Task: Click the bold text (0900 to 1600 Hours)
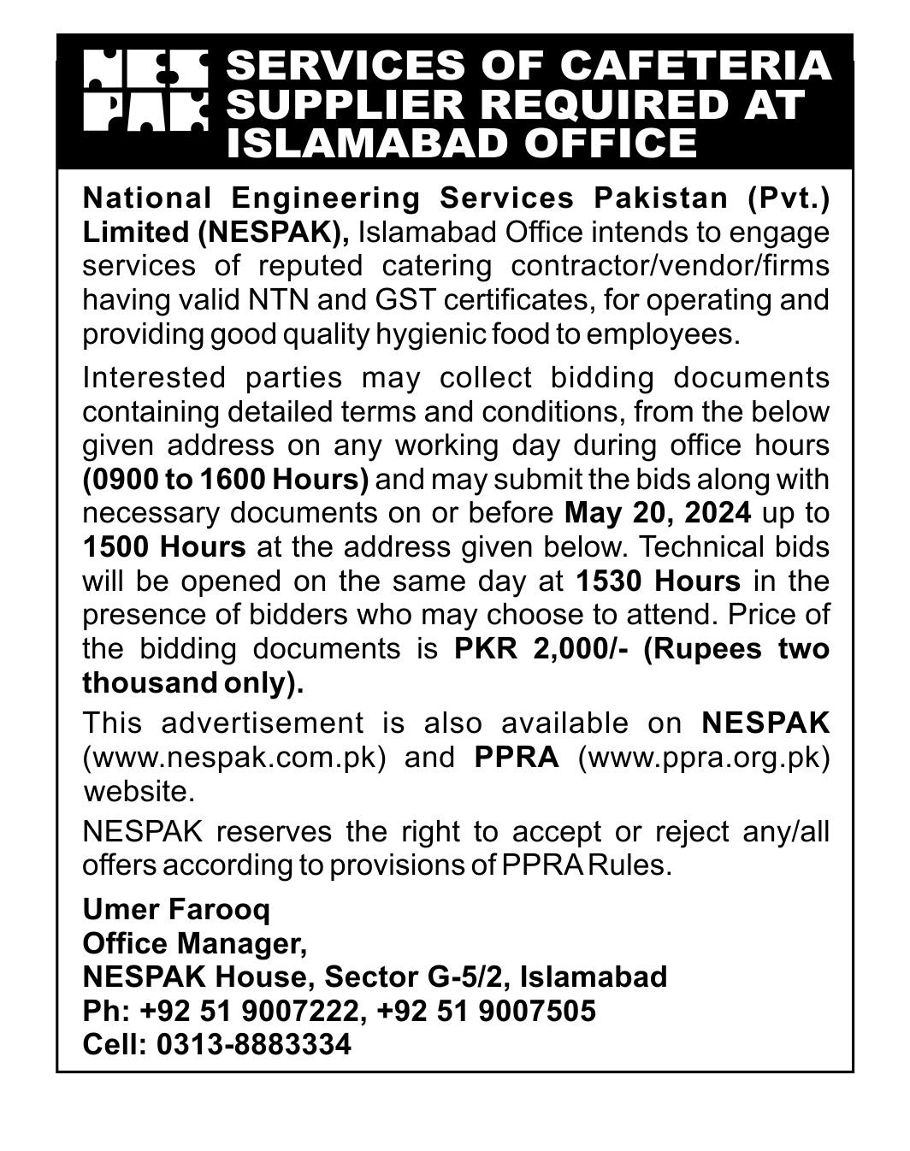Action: (226, 479)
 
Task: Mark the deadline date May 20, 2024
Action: (658, 513)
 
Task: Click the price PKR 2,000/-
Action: (542, 649)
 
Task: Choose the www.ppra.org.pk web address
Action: (704, 758)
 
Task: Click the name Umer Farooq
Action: (176, 909)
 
